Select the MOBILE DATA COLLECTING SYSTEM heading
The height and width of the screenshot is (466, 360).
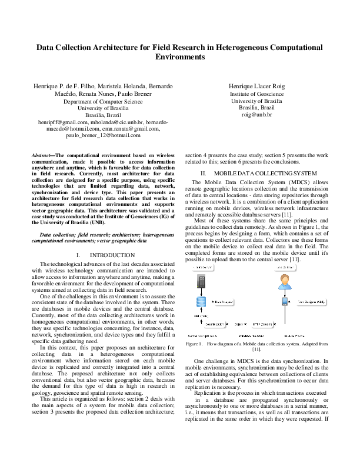pos(263,174)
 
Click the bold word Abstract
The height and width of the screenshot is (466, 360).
pos(42,155)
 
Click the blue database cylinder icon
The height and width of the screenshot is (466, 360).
pos(200,302)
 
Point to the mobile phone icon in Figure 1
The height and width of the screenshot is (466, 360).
pos(285,302)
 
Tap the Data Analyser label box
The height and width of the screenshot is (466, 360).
pos(222,302)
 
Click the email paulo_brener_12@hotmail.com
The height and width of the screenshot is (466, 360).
pos(103,135)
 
